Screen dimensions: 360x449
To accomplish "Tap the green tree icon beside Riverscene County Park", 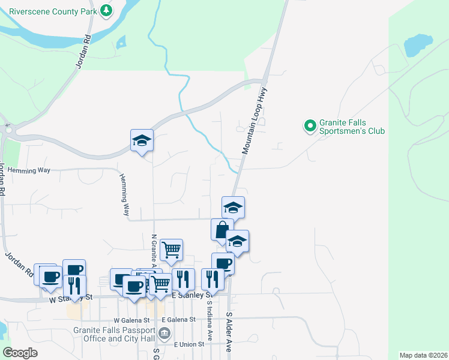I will coord(106,10).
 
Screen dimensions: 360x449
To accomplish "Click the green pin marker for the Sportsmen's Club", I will coord(310,126).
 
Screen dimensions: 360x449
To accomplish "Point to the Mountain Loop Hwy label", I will coord(255,120).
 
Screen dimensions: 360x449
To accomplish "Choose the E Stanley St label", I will coord(193,295).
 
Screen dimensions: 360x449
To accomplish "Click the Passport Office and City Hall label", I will coord(115,334).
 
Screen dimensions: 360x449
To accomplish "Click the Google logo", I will coord(20,353).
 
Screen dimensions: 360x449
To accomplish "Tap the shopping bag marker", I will coord(222,230).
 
